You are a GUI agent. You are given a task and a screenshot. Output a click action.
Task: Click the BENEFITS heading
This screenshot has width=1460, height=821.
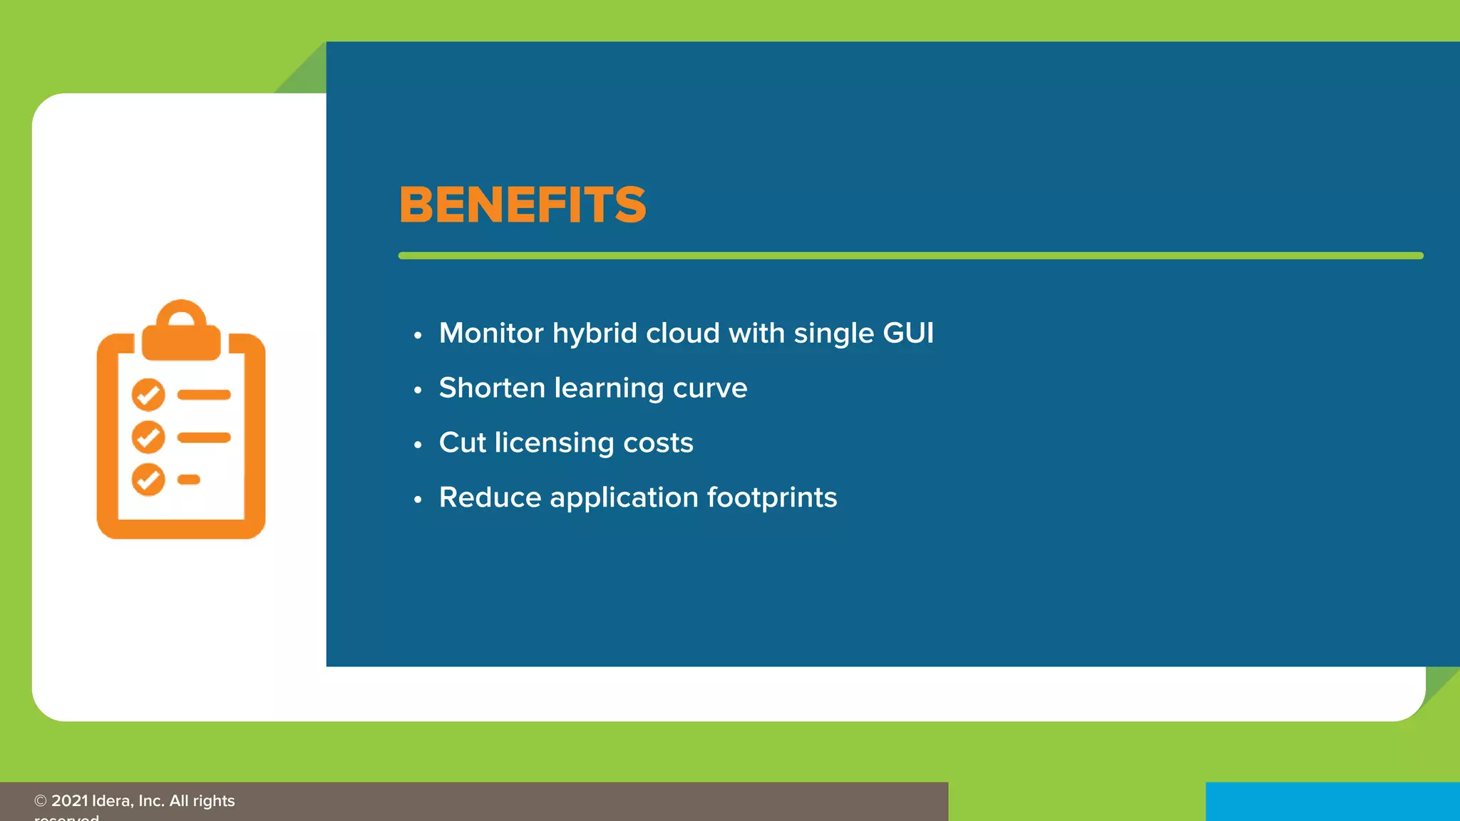[523, 205]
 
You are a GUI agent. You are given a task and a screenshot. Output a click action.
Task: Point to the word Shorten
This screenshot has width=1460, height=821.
[492, 388]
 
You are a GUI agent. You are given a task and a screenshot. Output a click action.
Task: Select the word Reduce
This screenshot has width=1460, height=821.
[490, 497]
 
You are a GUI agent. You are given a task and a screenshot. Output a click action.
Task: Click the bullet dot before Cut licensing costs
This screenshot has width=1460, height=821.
[418, 445]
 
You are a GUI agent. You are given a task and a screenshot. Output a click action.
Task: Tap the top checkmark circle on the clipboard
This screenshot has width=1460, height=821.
[148, 395]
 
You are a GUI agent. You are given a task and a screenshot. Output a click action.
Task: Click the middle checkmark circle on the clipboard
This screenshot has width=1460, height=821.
[148, 437]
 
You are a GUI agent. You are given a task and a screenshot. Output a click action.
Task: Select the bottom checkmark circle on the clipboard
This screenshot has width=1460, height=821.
[148, 480]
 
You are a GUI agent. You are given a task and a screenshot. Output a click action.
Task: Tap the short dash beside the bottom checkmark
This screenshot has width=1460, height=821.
[189, 480]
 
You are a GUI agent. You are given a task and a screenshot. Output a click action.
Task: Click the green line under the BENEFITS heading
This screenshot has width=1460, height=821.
[910, 255]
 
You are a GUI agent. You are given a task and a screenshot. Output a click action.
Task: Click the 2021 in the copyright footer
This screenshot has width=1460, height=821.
[70, 801]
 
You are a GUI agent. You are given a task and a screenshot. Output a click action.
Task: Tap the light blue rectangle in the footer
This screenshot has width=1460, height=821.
[1332, 802]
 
